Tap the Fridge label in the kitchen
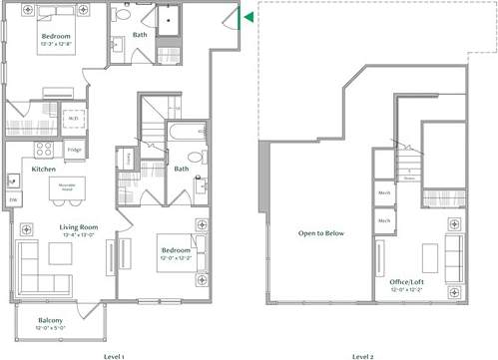(74, 151)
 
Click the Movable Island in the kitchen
(69, 186)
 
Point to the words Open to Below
(321, 233)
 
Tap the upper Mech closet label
(383, 192)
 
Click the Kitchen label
(43, 170)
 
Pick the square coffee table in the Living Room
(57, 254)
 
